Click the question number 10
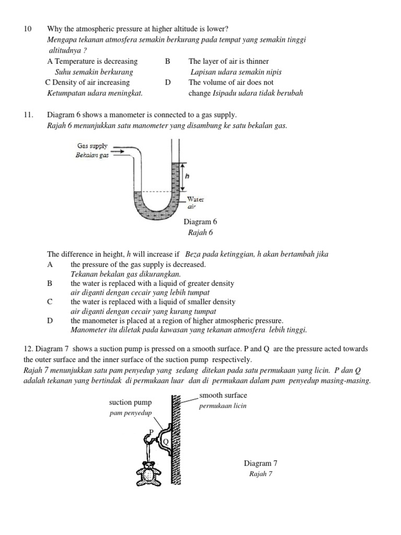tap(28, 29)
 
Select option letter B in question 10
tap(168, 61)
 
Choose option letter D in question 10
tap(168, 82)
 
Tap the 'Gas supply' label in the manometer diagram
tap(92, 146)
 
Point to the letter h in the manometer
tap(186, 177)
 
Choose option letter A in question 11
tap(50, 264)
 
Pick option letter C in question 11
tap(50, 301)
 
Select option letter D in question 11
tap(50, 320)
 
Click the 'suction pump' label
tap(130, 402)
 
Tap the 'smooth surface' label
tap(223, 396)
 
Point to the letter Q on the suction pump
tap(166, 441)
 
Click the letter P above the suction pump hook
tap(151, 432)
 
